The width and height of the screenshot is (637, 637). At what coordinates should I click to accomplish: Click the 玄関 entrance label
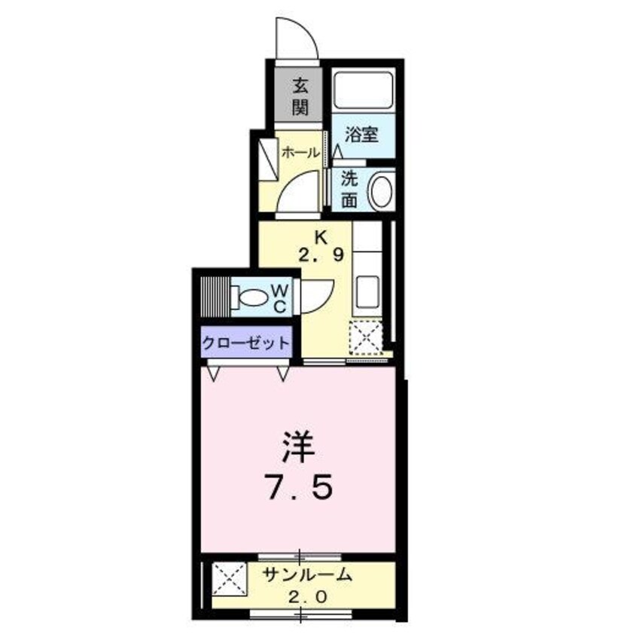(300, 96)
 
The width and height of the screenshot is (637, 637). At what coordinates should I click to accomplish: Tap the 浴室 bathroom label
(361, 136)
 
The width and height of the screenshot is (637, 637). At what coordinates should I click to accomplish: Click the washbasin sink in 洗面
(380, 191)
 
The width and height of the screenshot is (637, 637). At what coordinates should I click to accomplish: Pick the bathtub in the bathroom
(363, 91)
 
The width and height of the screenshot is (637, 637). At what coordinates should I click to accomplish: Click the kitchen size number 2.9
(321, 254)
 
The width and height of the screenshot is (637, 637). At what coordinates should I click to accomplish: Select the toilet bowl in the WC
(253, 298)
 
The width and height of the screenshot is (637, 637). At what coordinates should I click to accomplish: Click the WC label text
(279, 297)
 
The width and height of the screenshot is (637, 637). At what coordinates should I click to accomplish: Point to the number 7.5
(297, 489)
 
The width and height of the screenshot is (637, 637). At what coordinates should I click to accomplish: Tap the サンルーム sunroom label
(307, 576)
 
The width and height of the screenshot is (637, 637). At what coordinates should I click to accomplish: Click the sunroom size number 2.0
(307, 598)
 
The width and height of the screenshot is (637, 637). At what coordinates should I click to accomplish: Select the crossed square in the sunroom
(229, 578)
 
